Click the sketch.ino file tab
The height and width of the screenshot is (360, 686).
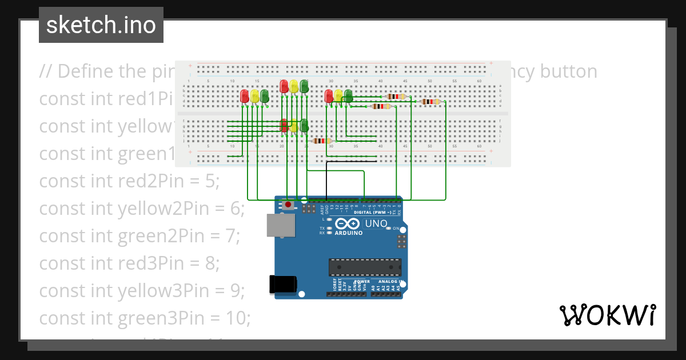[101, 25]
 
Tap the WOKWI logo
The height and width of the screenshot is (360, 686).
[607, 315]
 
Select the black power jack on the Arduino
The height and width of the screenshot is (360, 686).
[283, 284]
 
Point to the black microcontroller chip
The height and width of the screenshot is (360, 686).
[364, 267]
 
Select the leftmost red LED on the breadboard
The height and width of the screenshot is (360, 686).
[245, 96]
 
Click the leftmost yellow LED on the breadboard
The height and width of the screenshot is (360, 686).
[254, 96]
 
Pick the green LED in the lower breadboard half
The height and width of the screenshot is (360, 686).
[304, 125]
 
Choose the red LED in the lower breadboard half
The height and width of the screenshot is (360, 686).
[284, 125]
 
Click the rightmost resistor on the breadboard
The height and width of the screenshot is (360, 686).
[430, 102]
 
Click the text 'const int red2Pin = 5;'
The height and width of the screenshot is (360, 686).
[129, 181]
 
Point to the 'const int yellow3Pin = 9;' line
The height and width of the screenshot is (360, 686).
[142, 290]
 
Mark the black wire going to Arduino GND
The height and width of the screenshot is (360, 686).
[327, 180]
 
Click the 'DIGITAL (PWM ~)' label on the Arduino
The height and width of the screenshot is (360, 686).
[372, 212]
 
